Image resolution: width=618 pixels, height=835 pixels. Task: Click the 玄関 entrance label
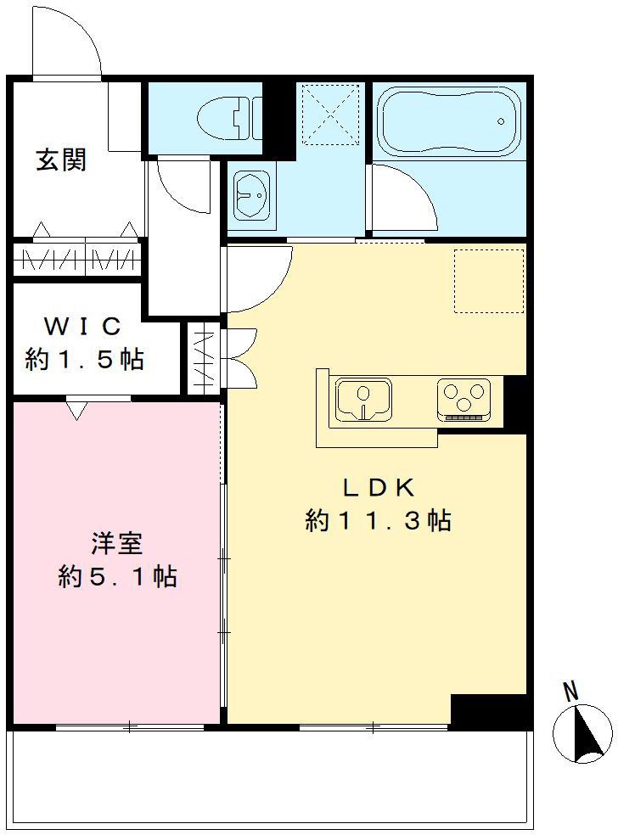coord(61,160)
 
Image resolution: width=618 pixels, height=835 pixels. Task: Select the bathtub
coord(448,120)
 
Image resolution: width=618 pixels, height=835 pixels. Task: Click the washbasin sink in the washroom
coord(251,199)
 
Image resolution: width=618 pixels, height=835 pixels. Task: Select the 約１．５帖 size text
coord(85,360)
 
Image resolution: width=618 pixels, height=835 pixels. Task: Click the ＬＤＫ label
coord(378,487)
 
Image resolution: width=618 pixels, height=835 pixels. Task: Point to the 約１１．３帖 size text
coord(378,520)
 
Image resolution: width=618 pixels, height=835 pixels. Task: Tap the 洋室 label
coord(117,543)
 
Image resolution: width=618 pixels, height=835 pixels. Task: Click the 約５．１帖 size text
coord(117,577)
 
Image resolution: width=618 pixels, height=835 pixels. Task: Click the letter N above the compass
coord(572,692)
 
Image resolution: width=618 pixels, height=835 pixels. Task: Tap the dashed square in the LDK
coord(489,281)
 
